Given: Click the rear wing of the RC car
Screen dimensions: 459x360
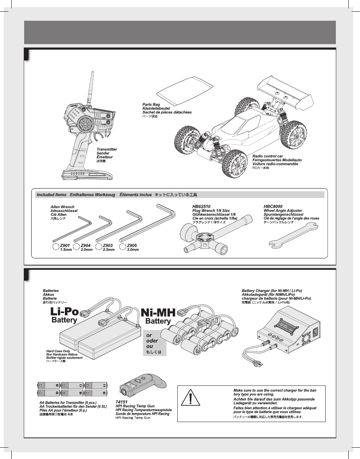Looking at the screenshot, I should tap(287, 91).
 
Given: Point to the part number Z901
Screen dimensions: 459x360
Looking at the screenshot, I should tap(65, 246).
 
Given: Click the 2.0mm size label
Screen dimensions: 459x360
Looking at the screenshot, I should tap(86, 250).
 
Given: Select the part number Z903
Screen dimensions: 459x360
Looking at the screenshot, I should tap(108, 246).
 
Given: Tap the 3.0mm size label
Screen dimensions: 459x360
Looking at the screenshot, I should tap(132, 250).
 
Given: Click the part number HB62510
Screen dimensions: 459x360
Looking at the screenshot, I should tap(201, 207).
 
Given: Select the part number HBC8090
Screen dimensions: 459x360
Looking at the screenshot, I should tap(273, 207).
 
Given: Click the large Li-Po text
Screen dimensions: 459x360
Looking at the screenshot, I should tap(65, 312).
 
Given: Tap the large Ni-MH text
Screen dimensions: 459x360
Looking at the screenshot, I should tap(158, 313).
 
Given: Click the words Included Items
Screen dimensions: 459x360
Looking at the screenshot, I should tap(51, 195).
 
